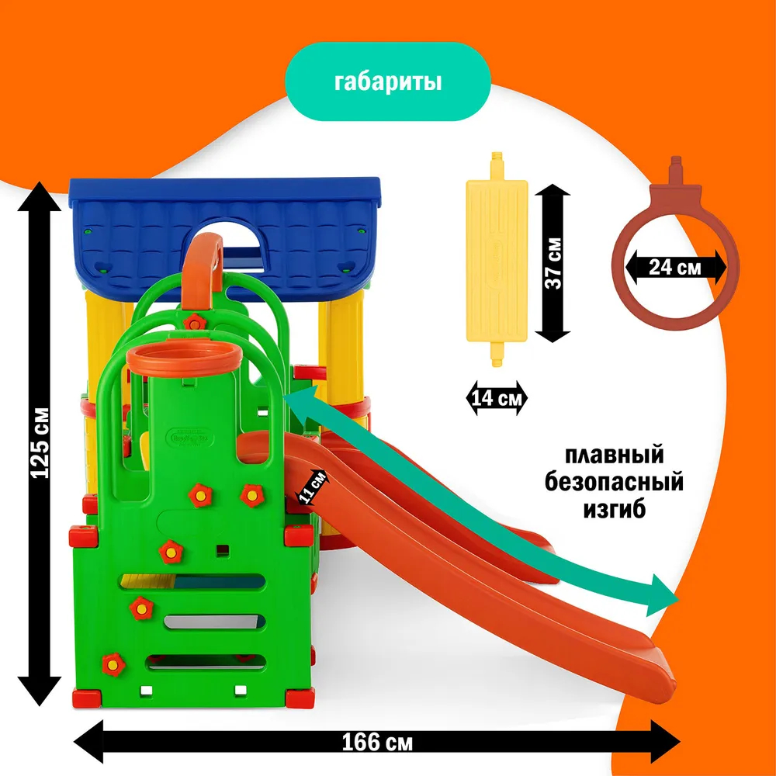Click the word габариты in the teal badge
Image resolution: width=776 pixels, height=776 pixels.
click(x=387, y=82)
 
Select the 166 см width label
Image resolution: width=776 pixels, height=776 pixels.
click(x=378, y=742)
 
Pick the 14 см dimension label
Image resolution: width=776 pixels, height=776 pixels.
click(x=496, y=400)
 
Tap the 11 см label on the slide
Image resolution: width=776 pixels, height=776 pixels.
click(x=315, y=488)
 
